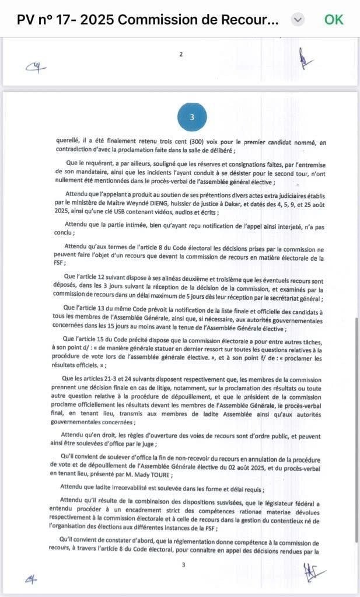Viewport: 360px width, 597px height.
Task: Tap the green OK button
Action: (334, 19)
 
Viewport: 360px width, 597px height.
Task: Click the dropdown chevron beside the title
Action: (298, 19)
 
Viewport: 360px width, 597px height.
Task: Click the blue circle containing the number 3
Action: (192, 117)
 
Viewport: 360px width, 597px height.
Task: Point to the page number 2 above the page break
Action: (181, 54)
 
